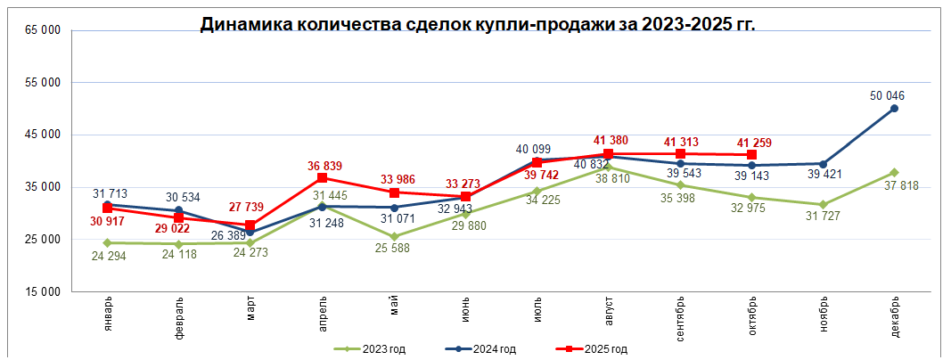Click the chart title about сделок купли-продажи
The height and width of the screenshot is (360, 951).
(477, 25)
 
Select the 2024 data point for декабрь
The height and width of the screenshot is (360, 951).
(894, 109)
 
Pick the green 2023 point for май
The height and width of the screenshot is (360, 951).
(394, 237)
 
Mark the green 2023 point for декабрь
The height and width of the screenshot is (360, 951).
(894, 173)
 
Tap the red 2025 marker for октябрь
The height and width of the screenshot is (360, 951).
(752, 155)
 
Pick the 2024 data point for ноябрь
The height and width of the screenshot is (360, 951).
(823, 164)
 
